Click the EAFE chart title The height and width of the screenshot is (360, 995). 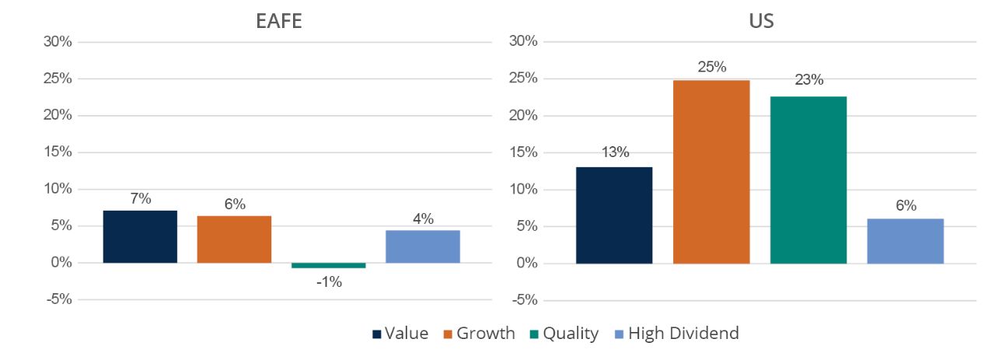tap(278, 21)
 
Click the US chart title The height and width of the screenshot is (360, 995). tap(760, 21)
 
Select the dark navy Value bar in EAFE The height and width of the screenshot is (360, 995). tap(140, 236)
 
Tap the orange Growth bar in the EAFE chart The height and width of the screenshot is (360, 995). tap(234, 239)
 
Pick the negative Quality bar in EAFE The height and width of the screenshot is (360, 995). tap(328, 265)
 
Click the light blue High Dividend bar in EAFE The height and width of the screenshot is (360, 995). tap(422, 246)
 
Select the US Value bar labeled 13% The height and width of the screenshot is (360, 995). tap(614, 215)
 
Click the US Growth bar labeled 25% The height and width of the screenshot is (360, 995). tap(711, 172)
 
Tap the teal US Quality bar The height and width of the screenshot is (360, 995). tap(808, 180)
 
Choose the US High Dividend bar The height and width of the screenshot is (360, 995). tap(906, 241)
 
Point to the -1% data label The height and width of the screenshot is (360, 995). tap(328, 282)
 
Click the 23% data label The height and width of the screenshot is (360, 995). tap(808, 80)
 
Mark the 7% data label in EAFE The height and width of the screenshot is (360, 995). tap(140, 198)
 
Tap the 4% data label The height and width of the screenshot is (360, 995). tap(422, 218)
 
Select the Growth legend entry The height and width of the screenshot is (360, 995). tap(478, 334)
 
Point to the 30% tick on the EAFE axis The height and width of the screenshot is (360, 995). tap(57, 42)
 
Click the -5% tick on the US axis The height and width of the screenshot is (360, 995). tap(523, 300)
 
